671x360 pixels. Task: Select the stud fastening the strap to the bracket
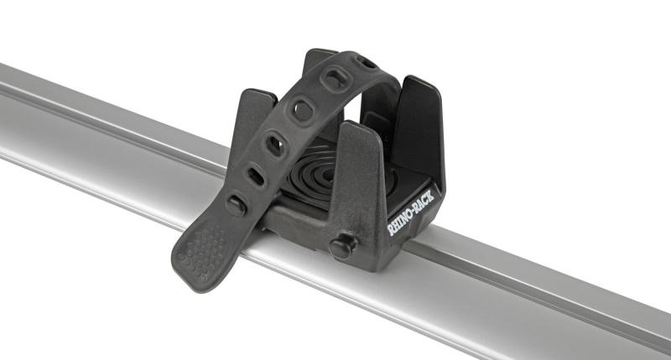[x=236, y=205]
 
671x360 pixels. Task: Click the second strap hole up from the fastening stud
[x=275, y=145]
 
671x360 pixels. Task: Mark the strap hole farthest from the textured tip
[x=366, y=61]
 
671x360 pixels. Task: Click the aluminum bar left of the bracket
[x=101, y=134]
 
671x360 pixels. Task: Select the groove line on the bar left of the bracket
[x=101, y=109]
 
